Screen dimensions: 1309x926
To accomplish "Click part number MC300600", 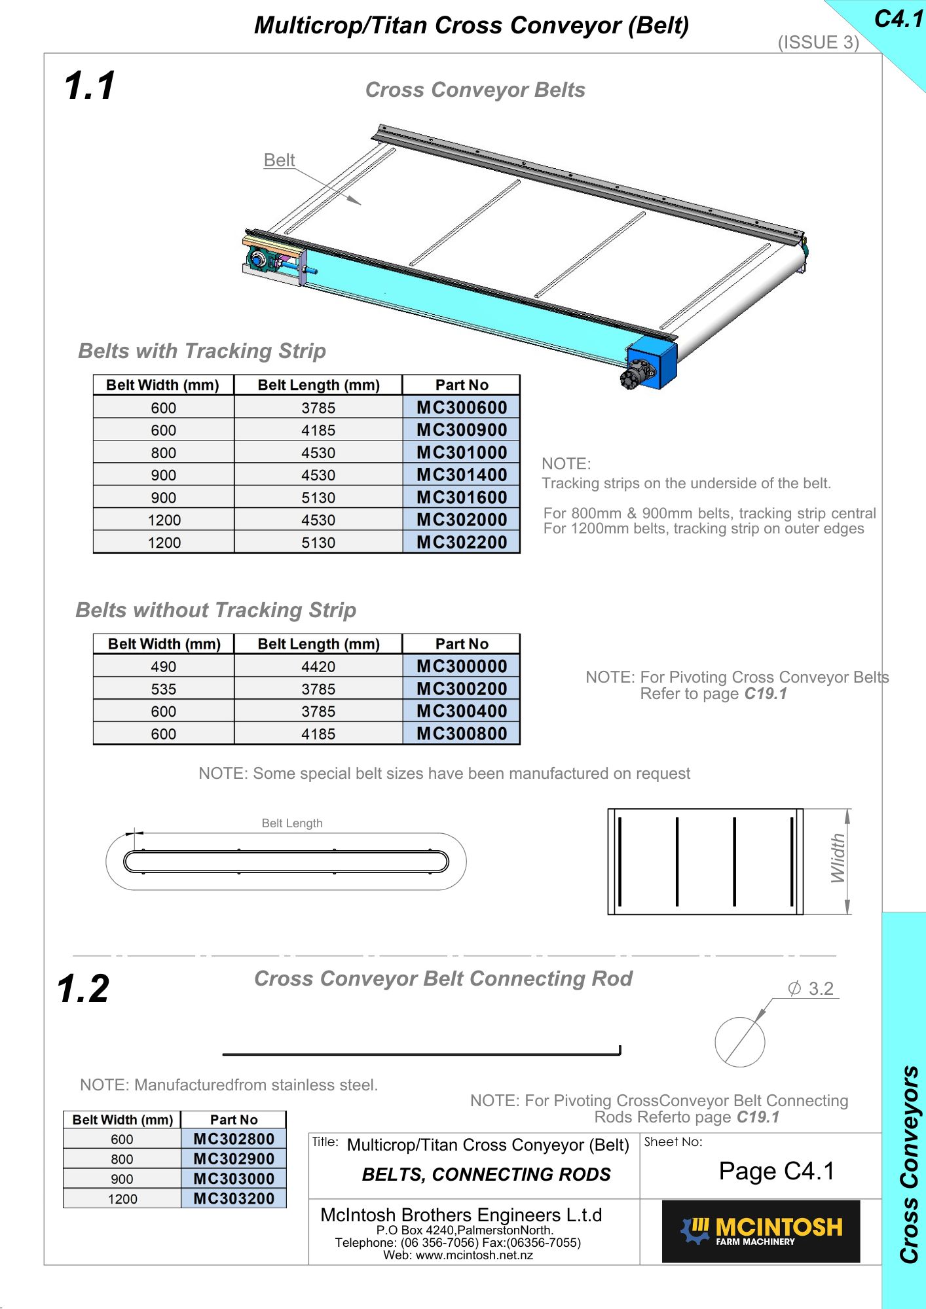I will click(462, 408).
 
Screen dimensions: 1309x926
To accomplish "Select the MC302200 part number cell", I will click(462, 543).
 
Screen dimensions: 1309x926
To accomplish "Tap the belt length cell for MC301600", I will click(318, 498).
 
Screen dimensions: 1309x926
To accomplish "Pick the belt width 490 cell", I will click(164, 667).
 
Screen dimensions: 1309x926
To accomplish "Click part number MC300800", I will click(462, 734).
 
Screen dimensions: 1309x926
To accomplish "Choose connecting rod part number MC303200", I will click(234, 1199).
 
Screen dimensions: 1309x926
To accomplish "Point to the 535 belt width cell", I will click(164, 689).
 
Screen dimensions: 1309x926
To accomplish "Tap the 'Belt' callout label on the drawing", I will click(279, 160).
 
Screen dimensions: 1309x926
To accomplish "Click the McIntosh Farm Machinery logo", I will click(761, 1231).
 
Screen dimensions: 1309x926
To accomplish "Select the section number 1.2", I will click(83, 989).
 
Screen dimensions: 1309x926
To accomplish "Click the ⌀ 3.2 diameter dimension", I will click(811, 989).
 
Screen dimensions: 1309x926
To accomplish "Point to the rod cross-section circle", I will click(739, 1042).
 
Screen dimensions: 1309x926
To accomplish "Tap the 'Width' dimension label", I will click(838, 859).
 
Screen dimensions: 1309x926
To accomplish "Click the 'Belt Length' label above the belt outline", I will click(292, 823).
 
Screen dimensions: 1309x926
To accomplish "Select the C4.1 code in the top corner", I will click(898, 20).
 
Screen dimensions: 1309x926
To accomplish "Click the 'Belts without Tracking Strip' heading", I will click(216, 610).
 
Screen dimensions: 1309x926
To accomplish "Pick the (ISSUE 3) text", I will click(818, 43).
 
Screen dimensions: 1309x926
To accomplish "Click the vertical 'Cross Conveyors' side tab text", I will click(909, 1165).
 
